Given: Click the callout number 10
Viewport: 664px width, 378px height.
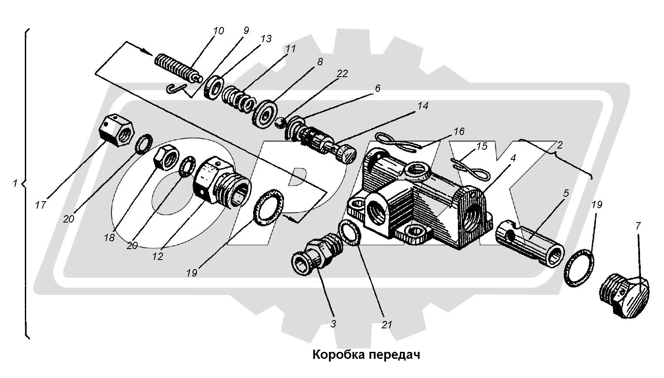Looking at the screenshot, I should point(218,31).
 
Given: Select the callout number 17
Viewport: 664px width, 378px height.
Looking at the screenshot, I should point(41,205).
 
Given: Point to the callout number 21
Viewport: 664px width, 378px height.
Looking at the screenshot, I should point(386,324).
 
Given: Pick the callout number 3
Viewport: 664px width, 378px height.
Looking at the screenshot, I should point(333,324).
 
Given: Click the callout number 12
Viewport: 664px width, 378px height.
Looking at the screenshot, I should point(158,256).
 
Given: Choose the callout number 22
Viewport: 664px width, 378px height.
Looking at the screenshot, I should point(342,74).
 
